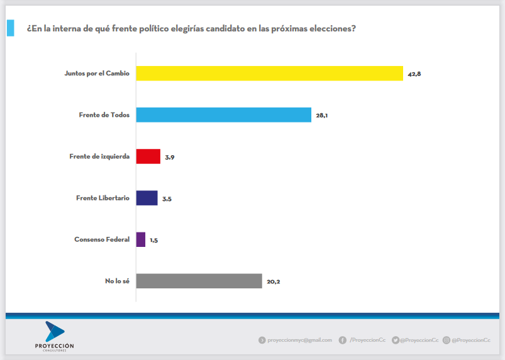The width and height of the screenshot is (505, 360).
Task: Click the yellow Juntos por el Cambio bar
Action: (269, 74)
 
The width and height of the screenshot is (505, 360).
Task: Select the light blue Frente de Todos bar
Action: (223, 114)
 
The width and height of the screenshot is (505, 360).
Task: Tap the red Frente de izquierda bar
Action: (148, 156)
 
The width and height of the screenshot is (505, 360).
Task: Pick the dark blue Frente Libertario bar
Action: (147, 198)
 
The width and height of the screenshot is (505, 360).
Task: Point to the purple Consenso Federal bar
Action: (141, 239)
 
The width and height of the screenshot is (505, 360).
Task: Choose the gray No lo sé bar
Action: (199, 281)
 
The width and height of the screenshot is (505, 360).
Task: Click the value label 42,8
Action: (414, 74)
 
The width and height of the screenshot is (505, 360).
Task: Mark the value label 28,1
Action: (322, 116)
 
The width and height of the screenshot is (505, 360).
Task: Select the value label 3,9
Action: (170, 157)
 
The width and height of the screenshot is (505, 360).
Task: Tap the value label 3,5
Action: (167, 199)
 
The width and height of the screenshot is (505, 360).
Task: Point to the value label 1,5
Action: (153, 240)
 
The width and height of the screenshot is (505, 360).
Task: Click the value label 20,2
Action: (273, 281)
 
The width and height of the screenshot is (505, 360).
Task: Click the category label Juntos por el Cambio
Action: (97, 74)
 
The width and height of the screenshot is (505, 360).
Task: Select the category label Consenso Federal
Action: (102, 239)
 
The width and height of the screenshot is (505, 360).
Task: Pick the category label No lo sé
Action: (117, 281)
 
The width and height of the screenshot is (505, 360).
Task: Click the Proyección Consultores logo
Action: (55, 336)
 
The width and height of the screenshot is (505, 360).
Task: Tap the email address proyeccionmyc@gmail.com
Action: (299, 340)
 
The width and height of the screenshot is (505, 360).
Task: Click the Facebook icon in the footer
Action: (343, 340)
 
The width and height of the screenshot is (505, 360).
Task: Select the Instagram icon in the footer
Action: (446, 340)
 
